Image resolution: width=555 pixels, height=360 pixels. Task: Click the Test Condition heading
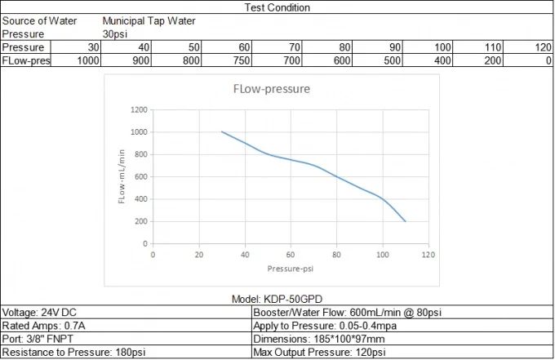point(277,7)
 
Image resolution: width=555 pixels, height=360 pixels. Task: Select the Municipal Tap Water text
point(149,20)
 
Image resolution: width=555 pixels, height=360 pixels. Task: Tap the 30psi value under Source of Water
point(116,33)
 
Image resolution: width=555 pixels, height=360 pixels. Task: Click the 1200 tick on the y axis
point(138,109)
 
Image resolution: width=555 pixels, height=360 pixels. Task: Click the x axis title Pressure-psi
point(290,269)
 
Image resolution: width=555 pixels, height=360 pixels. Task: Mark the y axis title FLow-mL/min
point(122,176)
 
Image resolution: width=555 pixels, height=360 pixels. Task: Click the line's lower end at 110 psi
point(405,220)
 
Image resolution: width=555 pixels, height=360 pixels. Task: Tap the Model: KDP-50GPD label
point(277,300)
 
